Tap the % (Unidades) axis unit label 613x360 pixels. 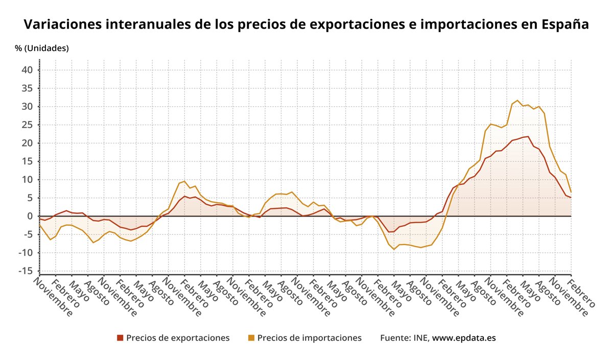click(x=42, y=49)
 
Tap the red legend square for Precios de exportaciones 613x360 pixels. click(x=120, y=338)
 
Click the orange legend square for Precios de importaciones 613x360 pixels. click(x=251, y=338)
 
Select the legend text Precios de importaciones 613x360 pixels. click(x=309, y=338)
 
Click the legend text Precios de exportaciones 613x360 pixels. click(x=178, y=338)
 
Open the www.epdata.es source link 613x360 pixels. click(x=464, y=338)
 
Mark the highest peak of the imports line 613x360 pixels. click(x=517, y=101)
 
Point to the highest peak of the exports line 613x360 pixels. click(x=528, y=136)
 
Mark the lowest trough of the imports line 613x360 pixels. click(x=394, y=249)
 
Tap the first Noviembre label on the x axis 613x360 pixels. click(x=55, y=296)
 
